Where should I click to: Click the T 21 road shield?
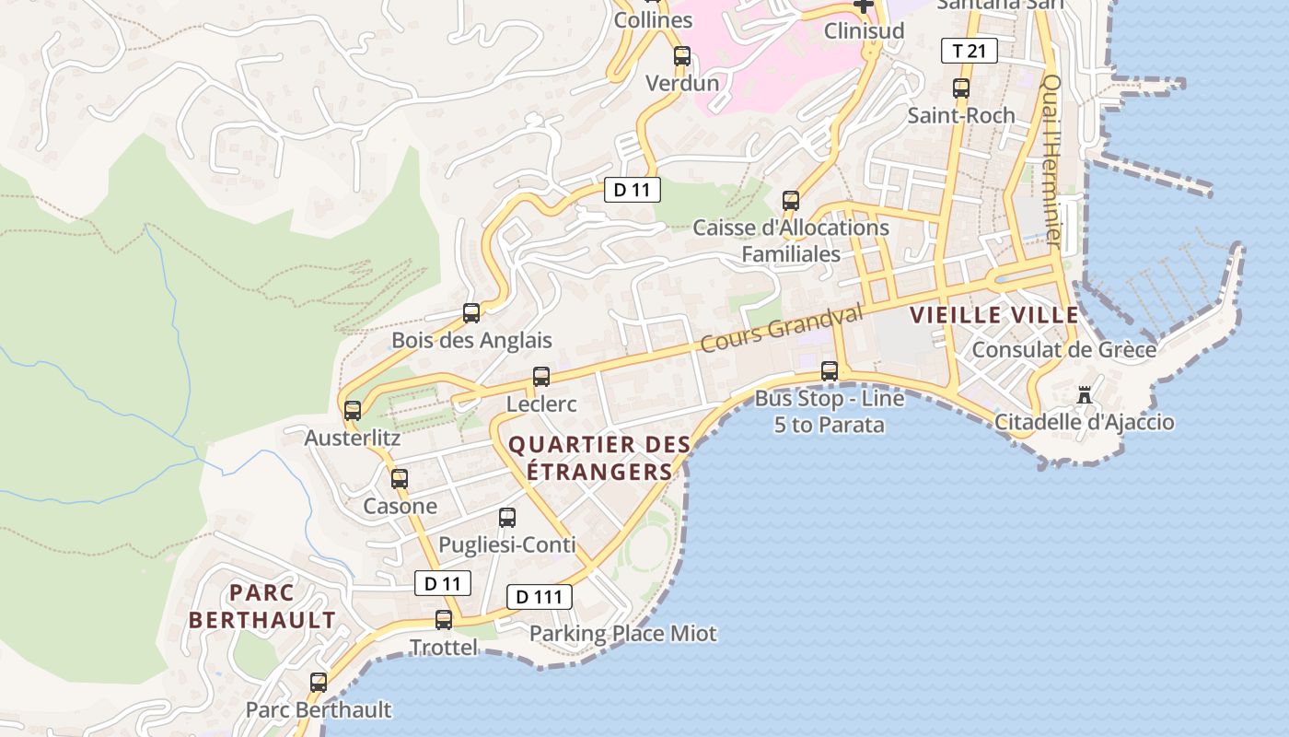pyautogui.click(x=970, y=51)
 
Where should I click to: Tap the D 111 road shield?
pyautogui.click(x=540, y=597)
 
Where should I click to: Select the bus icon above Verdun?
pyautogui.click(x=682, y=55)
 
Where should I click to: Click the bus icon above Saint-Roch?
pyautogui.click(x=961, y=88)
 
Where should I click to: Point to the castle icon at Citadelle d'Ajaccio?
pyautogui.click(x=1086, y=395)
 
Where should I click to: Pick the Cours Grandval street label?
pyautogui.click(x=782, y=328)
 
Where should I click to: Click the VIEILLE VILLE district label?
pyautogui.click(x=994, y=315)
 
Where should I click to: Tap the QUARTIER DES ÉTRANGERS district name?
pyautogui.click(x=599, y=458)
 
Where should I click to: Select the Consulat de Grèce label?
pyautogui.click(x=1064, y=350)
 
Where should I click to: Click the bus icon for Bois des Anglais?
pyautogui.click(x=471, y=313)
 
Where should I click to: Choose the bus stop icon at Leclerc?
pyautogui.click(x=541, y=377)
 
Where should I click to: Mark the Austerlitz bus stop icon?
pyautogui.click(x=353, y=411)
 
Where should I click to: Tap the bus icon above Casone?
pyautogui.click(x=400, y=479)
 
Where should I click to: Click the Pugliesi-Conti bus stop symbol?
pyautogui.click(x=507, y=518)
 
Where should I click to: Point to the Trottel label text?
pyautogui.click(x=444, y=648)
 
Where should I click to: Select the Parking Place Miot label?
pyautogui.click(x=622, y=634)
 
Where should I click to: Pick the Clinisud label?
pyautogui.click(x=864, y=30)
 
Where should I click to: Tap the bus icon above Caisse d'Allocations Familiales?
pyautogui.click(x=791, y=200)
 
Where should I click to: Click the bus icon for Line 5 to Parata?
pyautogui.click(x=830, y=371)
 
